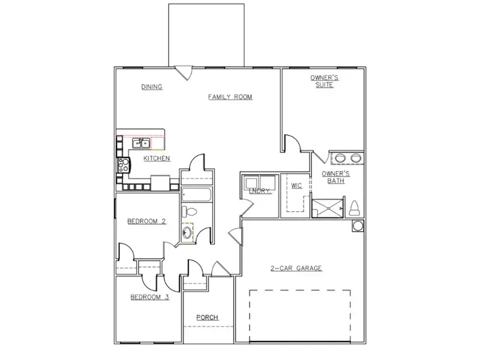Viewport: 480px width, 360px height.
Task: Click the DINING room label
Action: point(152,87)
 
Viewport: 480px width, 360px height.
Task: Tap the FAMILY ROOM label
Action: point(230,97)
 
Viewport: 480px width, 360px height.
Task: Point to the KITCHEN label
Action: point(157,158)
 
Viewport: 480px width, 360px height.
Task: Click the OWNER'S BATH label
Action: point(334,177)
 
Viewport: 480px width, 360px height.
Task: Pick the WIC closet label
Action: point(296,186)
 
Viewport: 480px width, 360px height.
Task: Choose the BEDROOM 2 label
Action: point(146,221)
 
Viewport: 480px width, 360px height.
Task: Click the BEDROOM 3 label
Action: point(149,296)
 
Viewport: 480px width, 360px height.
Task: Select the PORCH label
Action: point(208,317)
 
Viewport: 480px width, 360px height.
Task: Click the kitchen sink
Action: point(141,143)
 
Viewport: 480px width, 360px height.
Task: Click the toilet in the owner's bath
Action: point(354,208)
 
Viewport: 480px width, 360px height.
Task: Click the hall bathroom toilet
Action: point(189,212)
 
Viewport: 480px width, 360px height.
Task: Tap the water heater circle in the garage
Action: point(358,226)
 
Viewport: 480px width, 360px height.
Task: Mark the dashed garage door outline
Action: point(299,316)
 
